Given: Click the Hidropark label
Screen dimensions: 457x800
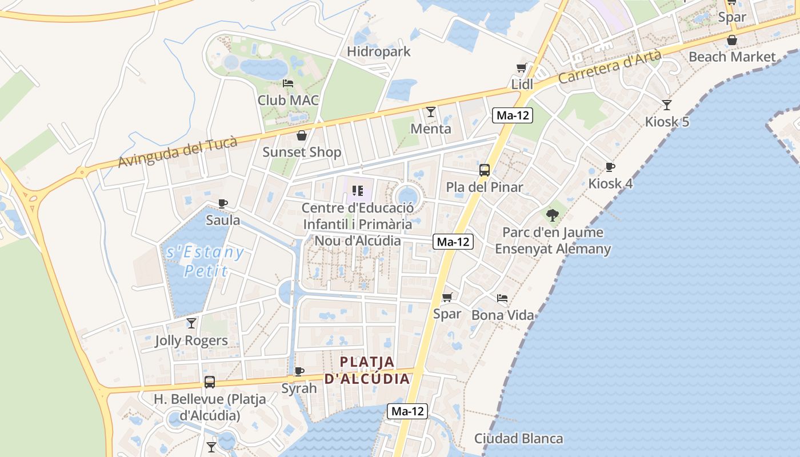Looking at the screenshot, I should pyautogui.click(x=379, y=51).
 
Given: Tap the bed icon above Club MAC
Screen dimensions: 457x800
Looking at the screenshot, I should pyautogui.click(x=288, y=83).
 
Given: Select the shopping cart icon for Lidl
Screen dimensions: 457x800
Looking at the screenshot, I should pyautogui.click(x=521, y=68).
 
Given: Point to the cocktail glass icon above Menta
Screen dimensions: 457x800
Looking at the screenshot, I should pyautogui.click(x=431, y=112).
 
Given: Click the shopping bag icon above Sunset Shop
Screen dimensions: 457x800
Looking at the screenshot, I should pyautogui.click(x=301, y=135).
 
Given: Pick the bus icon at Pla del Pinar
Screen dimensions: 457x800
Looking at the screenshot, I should pyautogui.click(x=485, y=170).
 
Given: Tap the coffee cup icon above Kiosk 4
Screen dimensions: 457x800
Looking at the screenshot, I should pyautogui.click(x=610, y=167).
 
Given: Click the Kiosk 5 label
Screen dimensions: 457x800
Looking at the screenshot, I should pyautogui.click(x=667, y=122).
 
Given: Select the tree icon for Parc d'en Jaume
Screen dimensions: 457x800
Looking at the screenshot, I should pyautogui.click(x=552, y=215).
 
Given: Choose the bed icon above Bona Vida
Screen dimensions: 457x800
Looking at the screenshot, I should pyautogui.click(x=502, y=298).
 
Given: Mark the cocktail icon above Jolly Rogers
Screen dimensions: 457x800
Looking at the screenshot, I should pyautogui.click(x=191, y=323).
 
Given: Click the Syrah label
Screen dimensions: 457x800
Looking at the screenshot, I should pyautogui.click(x=299, y=388).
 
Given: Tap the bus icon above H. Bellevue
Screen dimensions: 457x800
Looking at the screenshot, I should pyautogui.click(x=210, y=382).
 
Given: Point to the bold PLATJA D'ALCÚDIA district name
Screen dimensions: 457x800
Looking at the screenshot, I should pyautogui.click(x=367, y=370).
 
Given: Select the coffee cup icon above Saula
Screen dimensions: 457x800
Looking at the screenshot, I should pyautogui.click(x=223, y=203).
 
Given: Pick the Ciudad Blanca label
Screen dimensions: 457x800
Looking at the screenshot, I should pyautogui.click(x=518, y=439).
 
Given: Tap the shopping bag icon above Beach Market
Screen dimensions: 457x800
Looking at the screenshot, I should pyautogui.click(x=731, y=40).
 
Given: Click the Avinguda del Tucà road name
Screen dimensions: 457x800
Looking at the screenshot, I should pyautogui.click(x=177, y=152).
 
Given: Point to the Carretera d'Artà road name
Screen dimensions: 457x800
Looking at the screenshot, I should pyautogui.click(x=610, y=67).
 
